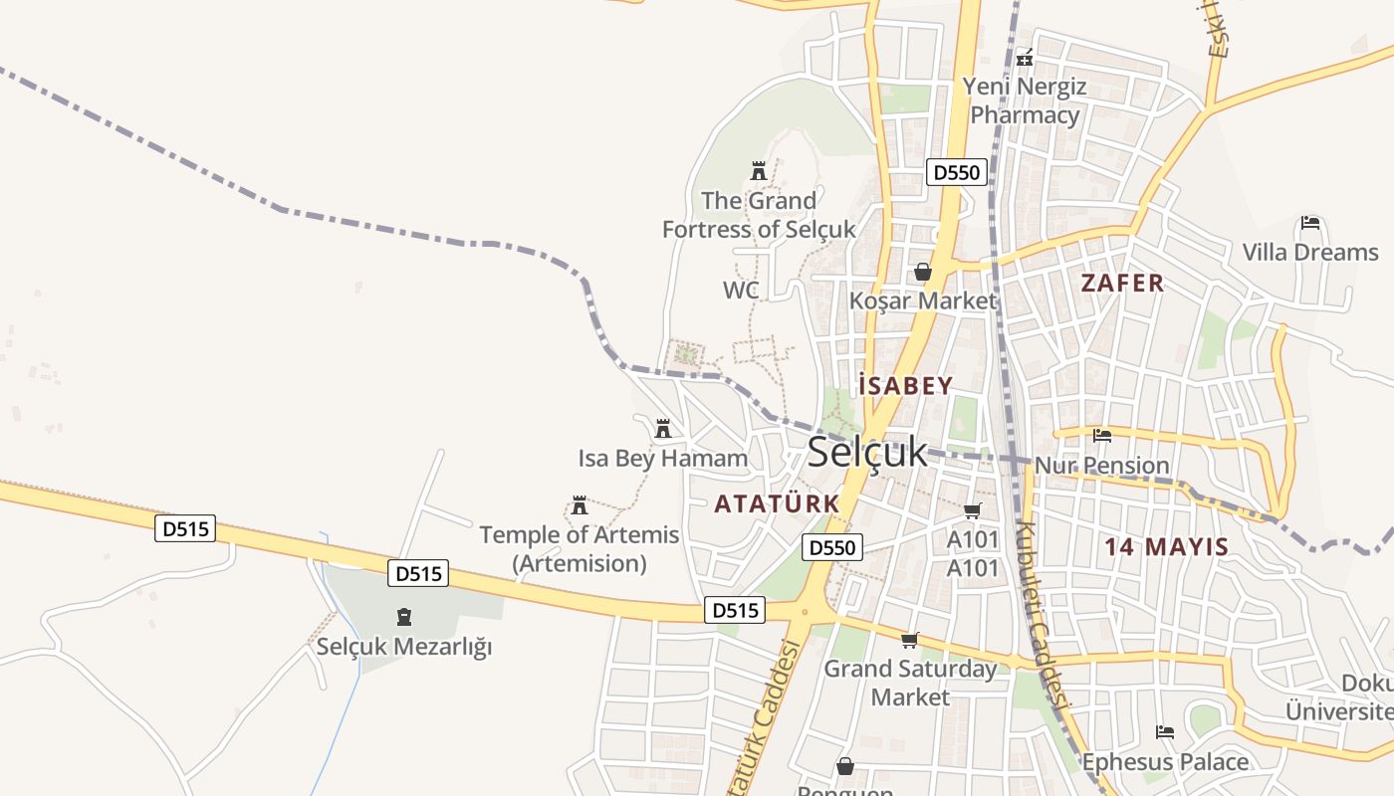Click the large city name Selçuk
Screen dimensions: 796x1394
(866, 452)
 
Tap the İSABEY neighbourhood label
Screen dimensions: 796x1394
(905, 385)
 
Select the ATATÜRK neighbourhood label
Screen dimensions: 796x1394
(777, 503)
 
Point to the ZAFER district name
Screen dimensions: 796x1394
(1122, 283)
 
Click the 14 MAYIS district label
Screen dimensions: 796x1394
(1166, 545)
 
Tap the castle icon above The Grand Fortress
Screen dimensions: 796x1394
(759, 171)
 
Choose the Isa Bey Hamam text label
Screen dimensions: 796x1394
(662, 459)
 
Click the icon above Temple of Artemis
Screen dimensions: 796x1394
(580, 505)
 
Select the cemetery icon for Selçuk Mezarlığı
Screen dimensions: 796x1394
(403, 617)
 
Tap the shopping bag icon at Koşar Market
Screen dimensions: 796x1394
(922, 271)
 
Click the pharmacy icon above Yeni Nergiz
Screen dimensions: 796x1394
(1024, 57)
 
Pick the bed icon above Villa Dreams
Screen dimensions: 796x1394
(1309, 223)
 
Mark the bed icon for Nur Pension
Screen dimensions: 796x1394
(1101, 436)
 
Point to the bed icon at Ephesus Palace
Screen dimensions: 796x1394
(1164, 732)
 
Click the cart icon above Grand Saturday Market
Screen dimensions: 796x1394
(909, 641)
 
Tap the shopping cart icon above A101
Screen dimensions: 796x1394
(972, 511)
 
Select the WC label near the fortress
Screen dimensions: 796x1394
(741, 291)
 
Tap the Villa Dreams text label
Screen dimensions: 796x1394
(1309, 252)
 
